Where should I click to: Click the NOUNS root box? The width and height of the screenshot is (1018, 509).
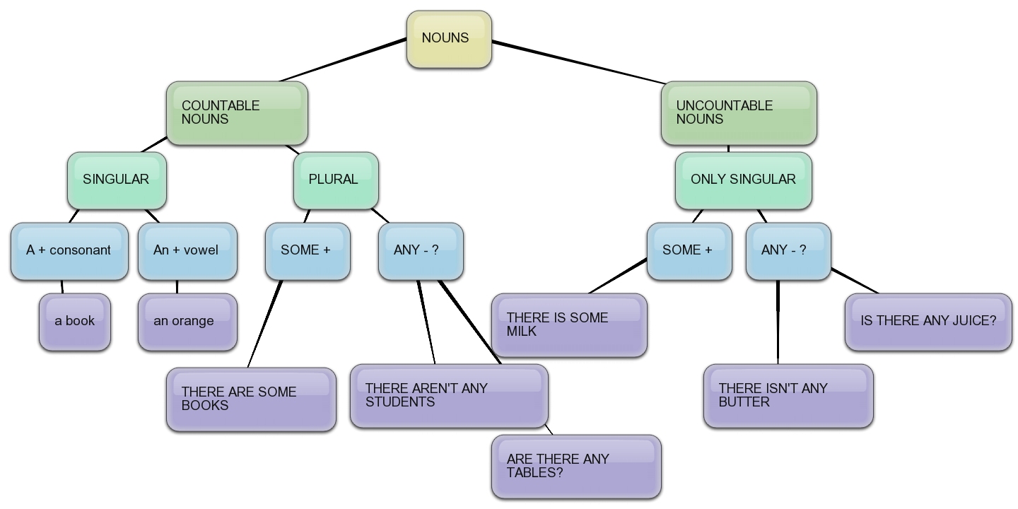tap(449, 39)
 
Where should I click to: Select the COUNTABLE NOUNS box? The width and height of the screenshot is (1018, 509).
tap(237, 113)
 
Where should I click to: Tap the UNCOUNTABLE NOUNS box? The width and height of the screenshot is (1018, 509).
tap(739, 113)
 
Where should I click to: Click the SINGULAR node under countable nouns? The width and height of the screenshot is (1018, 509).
tap(117, 180)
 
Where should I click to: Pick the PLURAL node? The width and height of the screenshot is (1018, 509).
tap(336, 180)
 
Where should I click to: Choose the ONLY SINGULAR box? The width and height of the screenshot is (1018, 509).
tap(743, 180)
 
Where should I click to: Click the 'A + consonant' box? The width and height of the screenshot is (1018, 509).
tap(69, 251)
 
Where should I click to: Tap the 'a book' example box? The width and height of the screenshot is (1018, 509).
tap(75, 322)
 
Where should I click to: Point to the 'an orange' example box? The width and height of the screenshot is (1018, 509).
tap(187, 322)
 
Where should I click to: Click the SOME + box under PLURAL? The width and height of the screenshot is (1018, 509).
tap(308, 251)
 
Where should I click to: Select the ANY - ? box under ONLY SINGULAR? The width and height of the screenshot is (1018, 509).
tap(788, 251)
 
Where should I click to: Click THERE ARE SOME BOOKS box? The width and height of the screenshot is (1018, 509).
tap(251, 399)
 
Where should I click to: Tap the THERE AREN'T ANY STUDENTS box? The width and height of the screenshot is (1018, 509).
tap(449, 396)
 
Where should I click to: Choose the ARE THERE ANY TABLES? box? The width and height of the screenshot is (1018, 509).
tap(576, 467)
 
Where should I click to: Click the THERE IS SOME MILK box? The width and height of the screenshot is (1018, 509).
tap(569, 325)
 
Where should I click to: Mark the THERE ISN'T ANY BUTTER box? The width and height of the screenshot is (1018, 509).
tap(788, 396)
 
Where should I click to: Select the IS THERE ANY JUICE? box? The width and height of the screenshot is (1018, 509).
tap(928, 322)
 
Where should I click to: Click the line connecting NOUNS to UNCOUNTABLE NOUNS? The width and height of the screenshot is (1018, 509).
tap(576, 62)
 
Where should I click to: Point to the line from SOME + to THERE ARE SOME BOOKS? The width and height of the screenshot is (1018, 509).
tap(265, 324)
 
